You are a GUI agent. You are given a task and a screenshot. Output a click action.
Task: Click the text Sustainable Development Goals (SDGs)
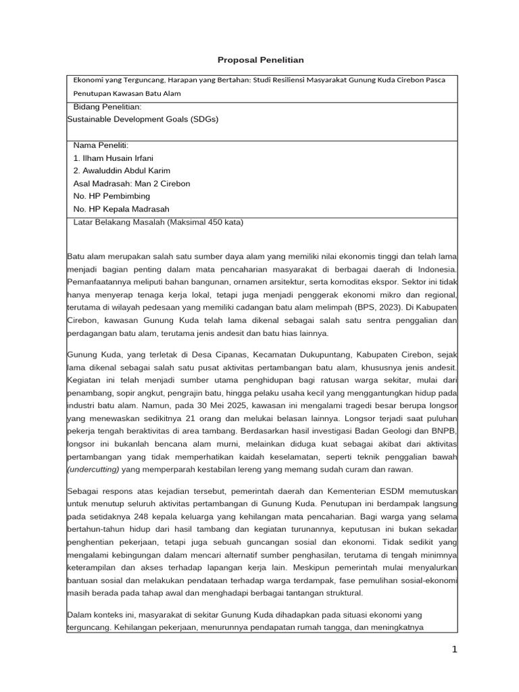[x=143, y=118]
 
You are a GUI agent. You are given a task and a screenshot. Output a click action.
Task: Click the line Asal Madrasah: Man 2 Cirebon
[x=131, y=183]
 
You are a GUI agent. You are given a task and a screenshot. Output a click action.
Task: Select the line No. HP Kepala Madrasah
[x=121, y=209]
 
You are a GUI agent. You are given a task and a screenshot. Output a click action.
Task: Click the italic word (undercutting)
[x=94, y=469]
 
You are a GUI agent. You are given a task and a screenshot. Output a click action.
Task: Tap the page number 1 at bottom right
[x=455, y=649]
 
